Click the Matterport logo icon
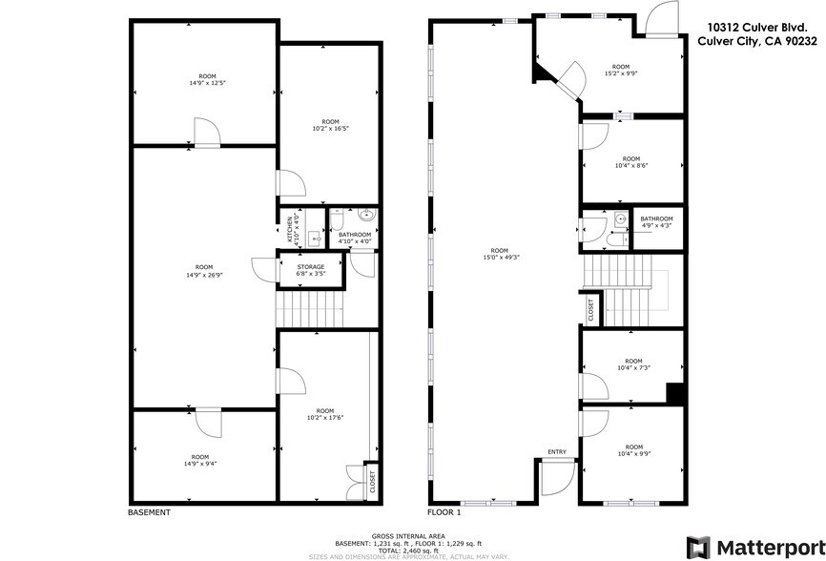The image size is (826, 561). point(698,547)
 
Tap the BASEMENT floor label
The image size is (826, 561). point(149,512)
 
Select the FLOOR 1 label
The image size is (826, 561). point(444,512)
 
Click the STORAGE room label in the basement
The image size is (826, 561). point(311,266)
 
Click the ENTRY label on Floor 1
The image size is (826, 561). point(557,451)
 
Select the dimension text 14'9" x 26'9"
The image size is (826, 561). point(204,275)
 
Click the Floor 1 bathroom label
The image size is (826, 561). point(656,218)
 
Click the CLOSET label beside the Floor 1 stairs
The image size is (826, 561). point(590,307)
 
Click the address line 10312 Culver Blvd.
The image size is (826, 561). point(760,29)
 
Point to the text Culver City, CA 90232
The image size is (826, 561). point(757,41)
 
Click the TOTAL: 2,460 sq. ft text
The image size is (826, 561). point(413,551)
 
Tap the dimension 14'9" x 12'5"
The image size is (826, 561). point(207,83)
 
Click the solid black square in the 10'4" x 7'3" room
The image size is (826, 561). point(675,392)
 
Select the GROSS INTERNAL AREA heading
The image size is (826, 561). point(413,537)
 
